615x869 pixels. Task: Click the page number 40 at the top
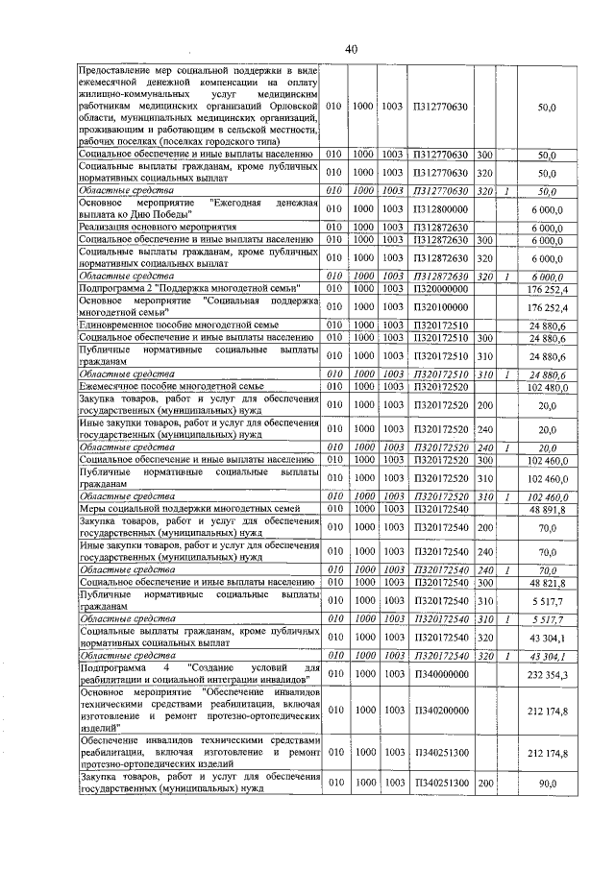(x=351, y=50)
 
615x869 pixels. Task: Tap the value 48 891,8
(x=552, y=511)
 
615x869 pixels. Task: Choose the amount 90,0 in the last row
(x=548, y=784)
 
